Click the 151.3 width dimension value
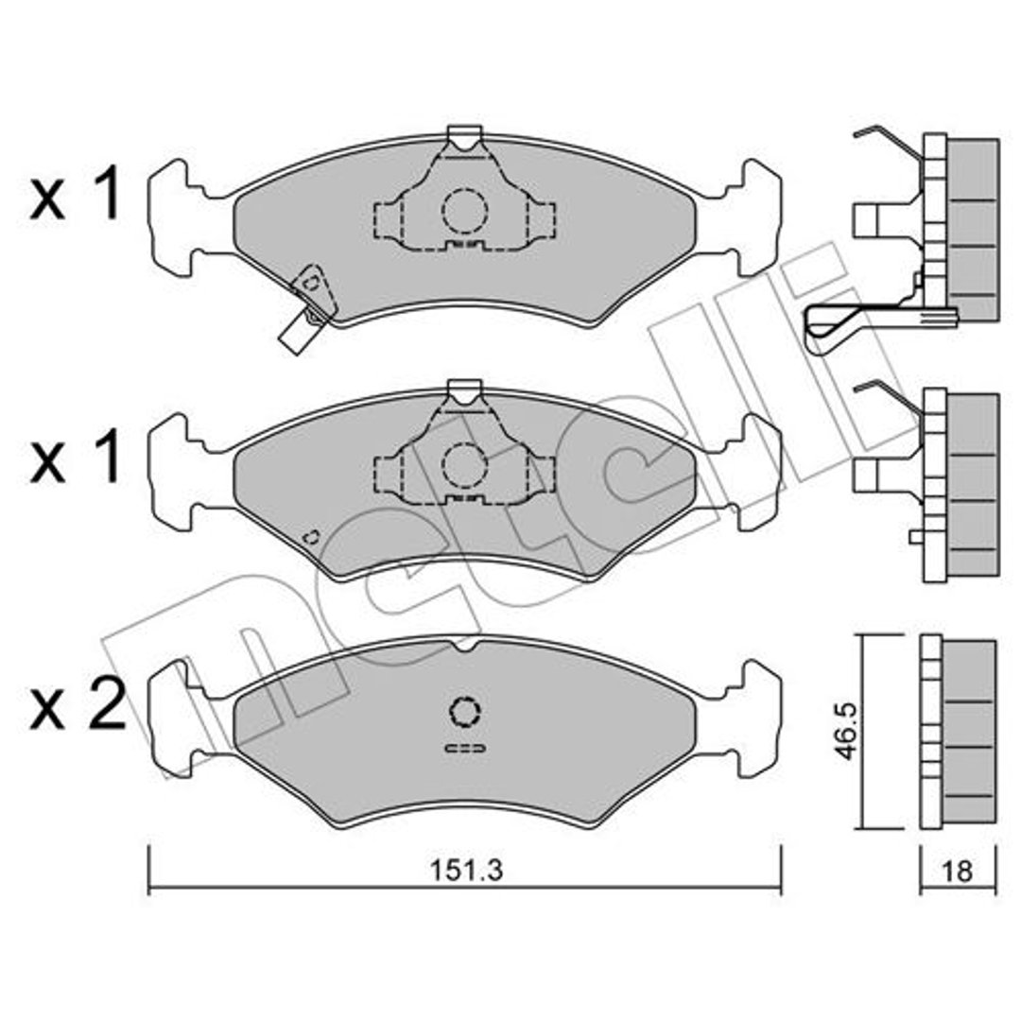tap(465, 871)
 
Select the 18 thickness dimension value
tap(957, 872)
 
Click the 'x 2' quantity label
tap(78, 704)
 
